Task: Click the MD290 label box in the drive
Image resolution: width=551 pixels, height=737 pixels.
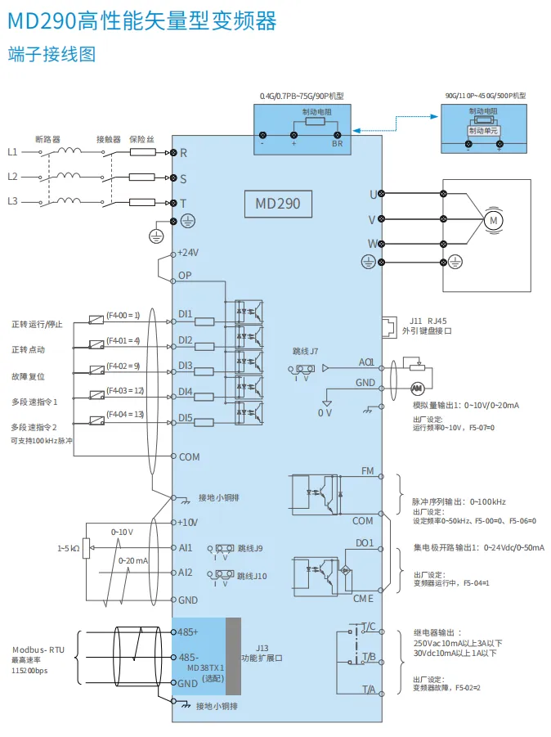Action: click(279, 203)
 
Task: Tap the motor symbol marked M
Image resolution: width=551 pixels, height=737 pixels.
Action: click(493, 219)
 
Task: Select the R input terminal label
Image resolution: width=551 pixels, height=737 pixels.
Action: click(183, 152)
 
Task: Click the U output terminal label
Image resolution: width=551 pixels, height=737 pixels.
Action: click(373, 194)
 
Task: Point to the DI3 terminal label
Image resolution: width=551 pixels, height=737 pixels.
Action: click(186, 366)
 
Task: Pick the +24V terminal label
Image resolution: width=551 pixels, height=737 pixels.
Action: click(188, 253)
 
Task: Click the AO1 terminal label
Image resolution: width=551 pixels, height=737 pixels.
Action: click(365, 362)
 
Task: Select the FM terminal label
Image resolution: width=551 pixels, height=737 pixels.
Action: click(367, 471)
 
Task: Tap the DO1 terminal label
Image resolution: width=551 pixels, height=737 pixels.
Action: click(365, 542)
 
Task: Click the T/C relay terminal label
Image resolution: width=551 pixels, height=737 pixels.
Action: click(368, 627)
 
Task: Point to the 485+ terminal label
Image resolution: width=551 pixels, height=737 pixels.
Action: click(189, 631)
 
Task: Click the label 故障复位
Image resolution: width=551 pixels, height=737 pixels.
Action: click(28, 376)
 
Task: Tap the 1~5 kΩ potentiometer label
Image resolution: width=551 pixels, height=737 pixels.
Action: click(68, 548)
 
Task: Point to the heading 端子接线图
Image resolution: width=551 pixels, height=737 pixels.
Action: click(52, 54)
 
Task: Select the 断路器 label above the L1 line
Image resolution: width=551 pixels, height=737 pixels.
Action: click(48, 139)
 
